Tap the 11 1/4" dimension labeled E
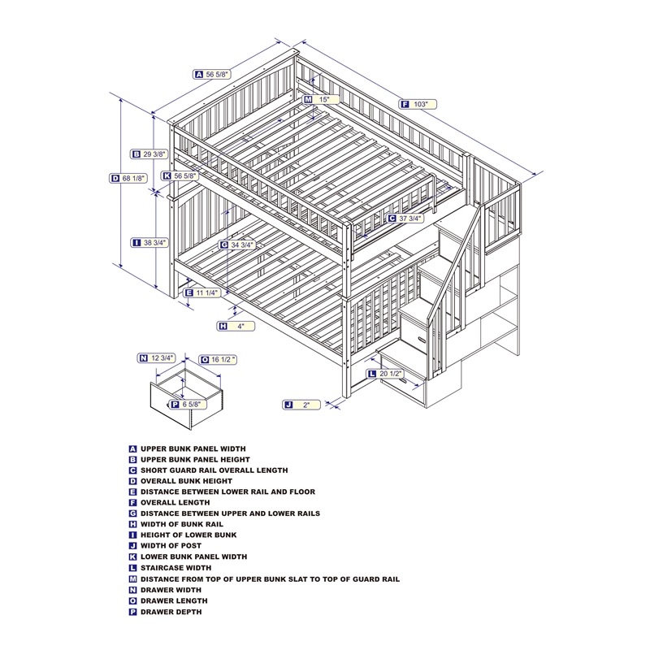pyautogui.click(x=206, y=292)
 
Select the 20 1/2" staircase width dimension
pyautogui.click(x=390, y=374)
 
